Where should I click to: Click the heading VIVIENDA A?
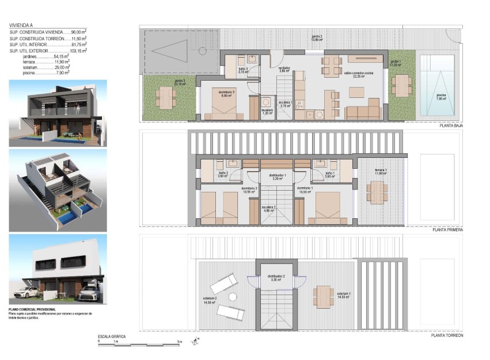(x=21, y=26)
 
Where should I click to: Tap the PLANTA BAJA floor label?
(x=451, y=125)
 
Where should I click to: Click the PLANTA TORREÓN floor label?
(x=447, y=335)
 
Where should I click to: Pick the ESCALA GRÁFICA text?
(x=111, y=336)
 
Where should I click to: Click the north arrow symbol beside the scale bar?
(x=195, y=343)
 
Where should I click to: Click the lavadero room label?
(x=267, y=111)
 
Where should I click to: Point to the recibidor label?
(x=283, y=69)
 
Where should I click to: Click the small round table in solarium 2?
(x=233, y=297)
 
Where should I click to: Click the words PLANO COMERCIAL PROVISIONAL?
(x=32, y=309)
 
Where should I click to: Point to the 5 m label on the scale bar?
(x=180, y=342)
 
